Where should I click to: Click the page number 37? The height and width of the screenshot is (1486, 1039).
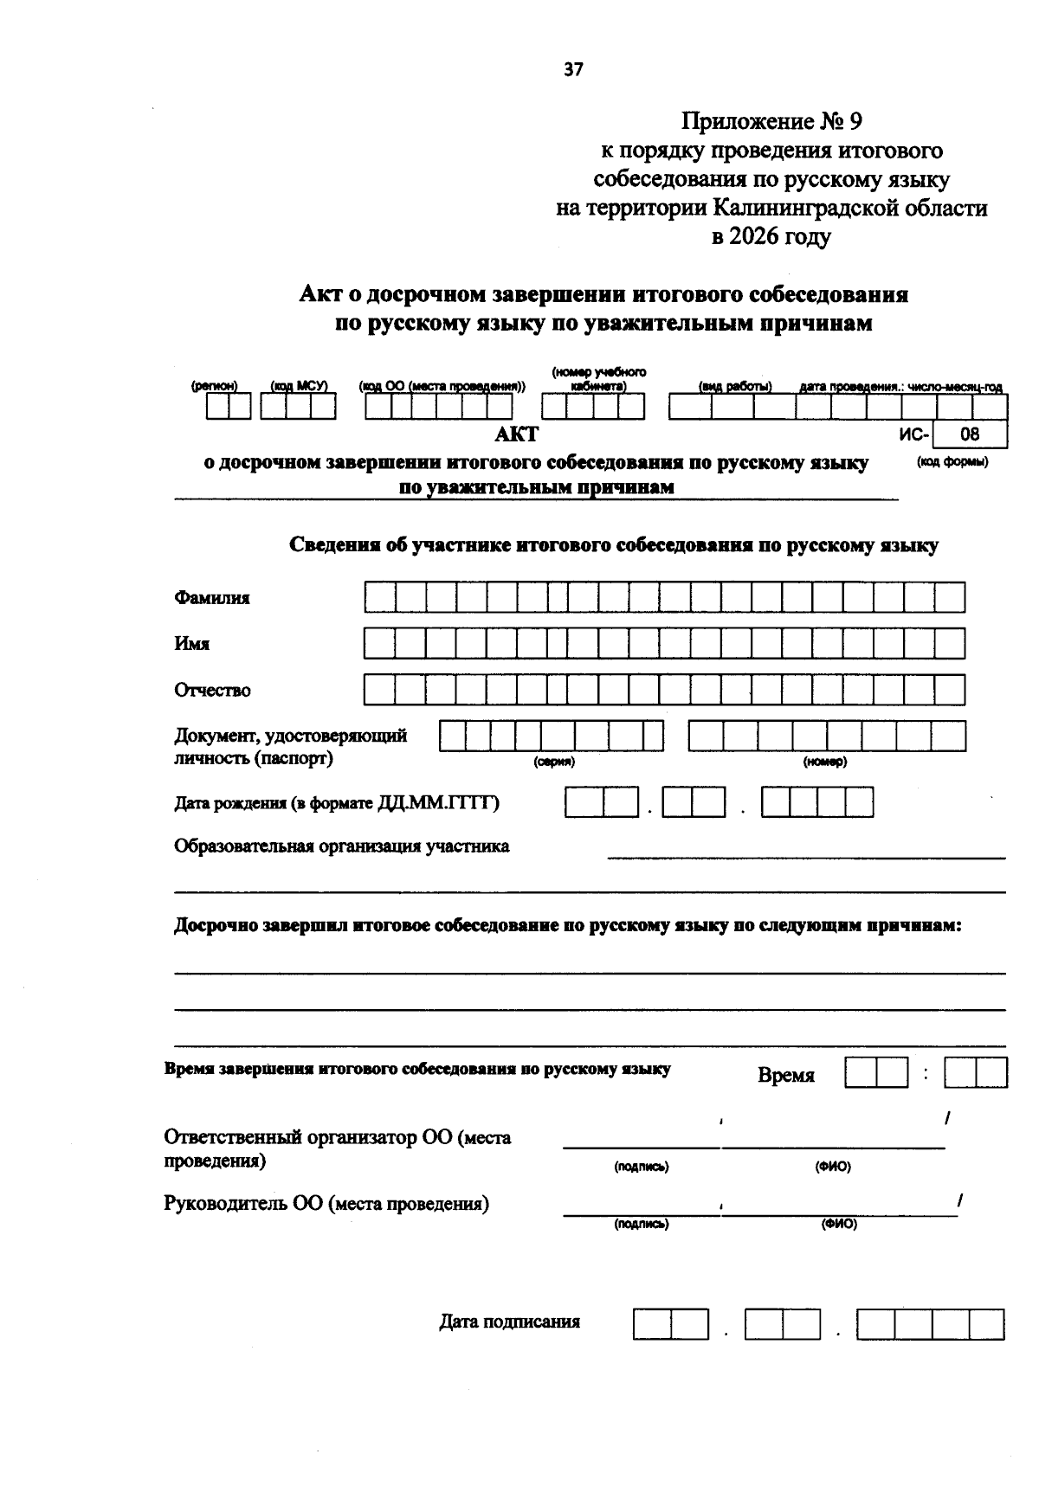tap(573, 70)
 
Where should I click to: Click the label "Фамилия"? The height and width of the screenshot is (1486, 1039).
tap(212, 598)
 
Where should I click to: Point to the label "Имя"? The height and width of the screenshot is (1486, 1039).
tap(192, 644)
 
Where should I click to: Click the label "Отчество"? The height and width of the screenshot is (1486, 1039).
tap(213, 691)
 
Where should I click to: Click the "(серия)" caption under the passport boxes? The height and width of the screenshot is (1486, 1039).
tap(553, 762)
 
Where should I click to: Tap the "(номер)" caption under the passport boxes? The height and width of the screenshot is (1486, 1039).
tap(824, 762)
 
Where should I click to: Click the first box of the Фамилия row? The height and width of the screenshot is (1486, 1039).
tap(379, 597)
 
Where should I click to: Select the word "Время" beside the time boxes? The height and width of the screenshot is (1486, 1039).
tap(786, 1076)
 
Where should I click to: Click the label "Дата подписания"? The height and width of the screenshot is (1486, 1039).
tap(509, 1322)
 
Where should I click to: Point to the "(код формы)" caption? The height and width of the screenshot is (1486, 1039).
tap(952, 462)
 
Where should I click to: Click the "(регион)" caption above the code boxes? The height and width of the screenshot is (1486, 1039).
tap(214, 387)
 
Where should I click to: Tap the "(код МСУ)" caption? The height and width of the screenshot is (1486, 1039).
tap(298, 387)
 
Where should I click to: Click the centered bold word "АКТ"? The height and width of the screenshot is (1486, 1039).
tap(516, 435)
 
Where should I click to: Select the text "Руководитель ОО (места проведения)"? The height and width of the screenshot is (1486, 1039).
tap(326, 1204)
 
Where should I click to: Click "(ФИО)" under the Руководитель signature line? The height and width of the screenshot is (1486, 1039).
tap(838, 1225)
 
